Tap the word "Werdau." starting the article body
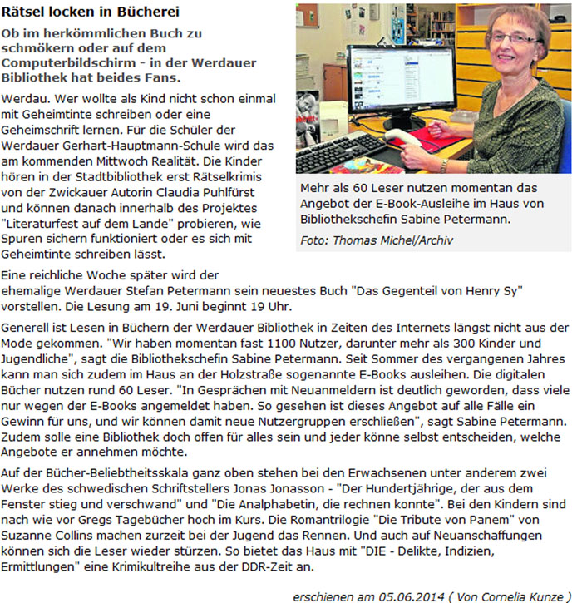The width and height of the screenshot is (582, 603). [24, 97]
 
